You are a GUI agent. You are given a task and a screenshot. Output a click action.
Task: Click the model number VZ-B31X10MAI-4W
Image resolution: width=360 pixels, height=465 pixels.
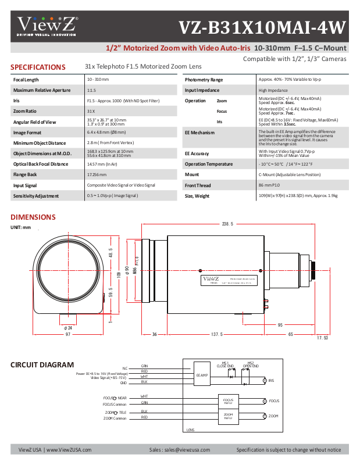tap(262, 27)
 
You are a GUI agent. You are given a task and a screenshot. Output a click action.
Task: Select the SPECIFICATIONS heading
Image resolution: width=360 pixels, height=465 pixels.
tap(38, 67)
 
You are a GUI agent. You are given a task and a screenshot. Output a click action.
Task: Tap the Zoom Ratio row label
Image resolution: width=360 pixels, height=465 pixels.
tap(26, 111)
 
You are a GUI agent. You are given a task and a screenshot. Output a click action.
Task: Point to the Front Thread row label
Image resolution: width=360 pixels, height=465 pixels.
tap(198, 185)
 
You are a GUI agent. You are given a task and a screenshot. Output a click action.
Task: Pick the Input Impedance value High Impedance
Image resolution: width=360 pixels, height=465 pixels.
tap(272, 90)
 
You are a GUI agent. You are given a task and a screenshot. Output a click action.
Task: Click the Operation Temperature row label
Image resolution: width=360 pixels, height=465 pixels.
tap(209, 164)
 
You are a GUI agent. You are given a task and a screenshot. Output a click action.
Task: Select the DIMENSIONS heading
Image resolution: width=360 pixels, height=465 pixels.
tap(33, 217)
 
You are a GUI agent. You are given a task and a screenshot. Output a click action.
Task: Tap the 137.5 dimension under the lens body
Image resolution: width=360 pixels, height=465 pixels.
tap(217, 334)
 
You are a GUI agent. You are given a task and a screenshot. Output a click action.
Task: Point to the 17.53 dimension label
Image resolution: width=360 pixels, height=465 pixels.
tap(322, 338)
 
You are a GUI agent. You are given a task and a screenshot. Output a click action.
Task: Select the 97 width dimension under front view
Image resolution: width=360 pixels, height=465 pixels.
tap(68, 334)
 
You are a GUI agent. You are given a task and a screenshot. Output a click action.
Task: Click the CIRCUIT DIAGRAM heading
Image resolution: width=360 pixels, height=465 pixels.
tap(42, 365)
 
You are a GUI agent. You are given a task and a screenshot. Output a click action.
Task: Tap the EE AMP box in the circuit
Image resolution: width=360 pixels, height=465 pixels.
tap(202, 375)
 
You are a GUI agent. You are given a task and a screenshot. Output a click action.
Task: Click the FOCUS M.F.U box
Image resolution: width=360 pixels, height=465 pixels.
tap(228, 401)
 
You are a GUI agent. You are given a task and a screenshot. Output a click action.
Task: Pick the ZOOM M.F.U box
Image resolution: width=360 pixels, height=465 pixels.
tap(228, 416)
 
